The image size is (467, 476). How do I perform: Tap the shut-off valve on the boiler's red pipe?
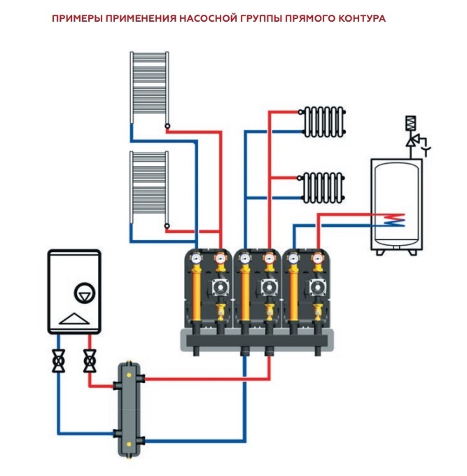(89, 362)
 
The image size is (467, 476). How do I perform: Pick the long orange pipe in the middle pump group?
(245, 294)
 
